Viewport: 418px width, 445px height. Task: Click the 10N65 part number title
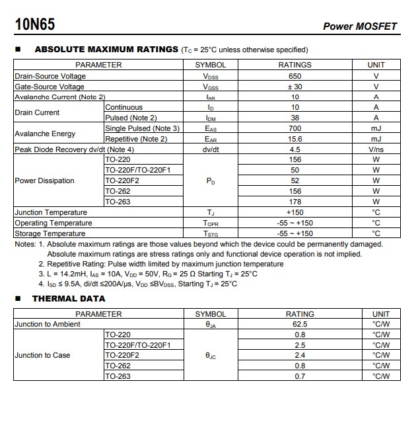35,25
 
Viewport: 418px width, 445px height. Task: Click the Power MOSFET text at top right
360,26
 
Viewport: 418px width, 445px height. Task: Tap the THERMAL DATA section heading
69,298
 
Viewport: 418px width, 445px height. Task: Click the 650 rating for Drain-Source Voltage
295,76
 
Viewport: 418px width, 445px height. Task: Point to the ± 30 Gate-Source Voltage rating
295,87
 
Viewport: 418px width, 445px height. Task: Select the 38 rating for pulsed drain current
295,118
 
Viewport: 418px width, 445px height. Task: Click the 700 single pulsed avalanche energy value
295,128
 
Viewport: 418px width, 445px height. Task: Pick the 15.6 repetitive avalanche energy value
295,139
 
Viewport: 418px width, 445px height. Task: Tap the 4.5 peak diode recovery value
295,149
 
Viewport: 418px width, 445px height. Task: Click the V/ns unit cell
376,149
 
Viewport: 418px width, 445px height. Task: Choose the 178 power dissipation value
295,202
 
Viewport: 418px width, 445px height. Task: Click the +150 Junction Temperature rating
295,212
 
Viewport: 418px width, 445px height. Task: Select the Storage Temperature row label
50,233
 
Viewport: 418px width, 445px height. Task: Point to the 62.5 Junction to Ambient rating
299,324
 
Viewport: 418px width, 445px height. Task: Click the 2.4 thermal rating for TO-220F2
299,355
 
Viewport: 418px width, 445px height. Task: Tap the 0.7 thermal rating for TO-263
299,376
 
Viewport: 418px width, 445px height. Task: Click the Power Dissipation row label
44,181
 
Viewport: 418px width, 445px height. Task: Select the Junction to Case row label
42,355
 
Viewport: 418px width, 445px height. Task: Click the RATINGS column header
295,65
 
